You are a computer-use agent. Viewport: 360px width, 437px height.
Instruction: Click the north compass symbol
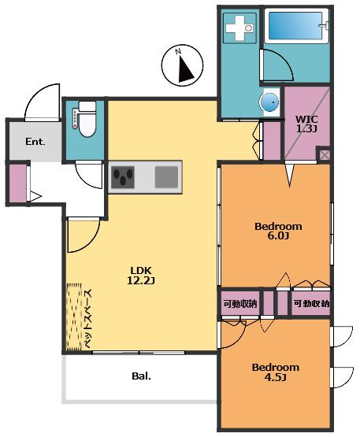click(x=182, y=65)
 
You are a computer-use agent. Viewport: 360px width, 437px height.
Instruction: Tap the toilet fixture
click(x=87, y=119)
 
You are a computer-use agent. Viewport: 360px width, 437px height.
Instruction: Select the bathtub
click(x=296, y=26)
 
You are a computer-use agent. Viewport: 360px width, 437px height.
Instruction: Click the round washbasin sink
click(x=269, y=102)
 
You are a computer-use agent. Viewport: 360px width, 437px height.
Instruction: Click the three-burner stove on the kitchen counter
click(x=122, y=177)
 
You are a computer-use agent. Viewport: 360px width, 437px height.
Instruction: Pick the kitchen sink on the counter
click(x=166, y=177)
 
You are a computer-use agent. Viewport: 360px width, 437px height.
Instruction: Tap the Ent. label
click(x=35, y=142)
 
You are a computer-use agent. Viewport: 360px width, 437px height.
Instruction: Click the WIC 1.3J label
click(x=306, y=124)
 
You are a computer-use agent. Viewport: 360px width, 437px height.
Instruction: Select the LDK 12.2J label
click(x=141, y=276)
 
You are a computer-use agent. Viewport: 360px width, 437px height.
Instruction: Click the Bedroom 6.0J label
click(x=278, y=231)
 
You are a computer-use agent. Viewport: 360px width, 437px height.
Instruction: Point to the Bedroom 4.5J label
click(x=275, y=372)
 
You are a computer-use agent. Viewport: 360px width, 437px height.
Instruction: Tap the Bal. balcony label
click(x=141, y=376)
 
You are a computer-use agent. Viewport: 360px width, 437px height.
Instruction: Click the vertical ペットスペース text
click(x=88, y=319)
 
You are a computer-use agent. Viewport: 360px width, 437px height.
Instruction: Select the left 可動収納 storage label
click(x=240, y=303)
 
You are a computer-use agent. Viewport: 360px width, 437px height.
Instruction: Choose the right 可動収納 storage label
click(x=311, y=303)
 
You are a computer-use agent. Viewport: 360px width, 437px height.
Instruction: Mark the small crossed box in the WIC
click(x=324, y=154)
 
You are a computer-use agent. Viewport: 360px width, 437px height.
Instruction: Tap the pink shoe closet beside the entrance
click(x=18, y=183)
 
